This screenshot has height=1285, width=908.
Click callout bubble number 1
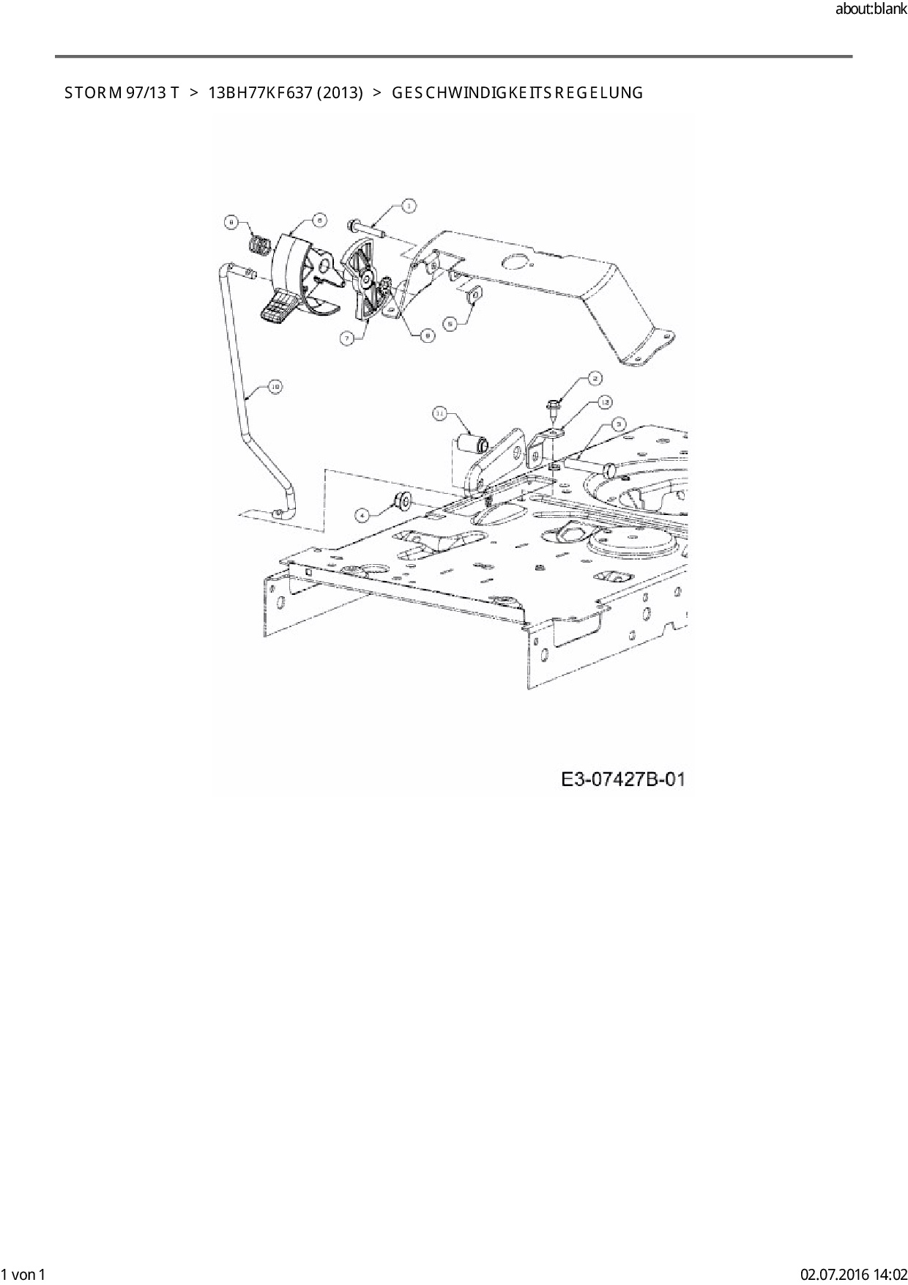click(x=408, y=206)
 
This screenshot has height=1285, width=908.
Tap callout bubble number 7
click(x=346, y=338)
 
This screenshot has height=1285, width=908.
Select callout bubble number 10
click(x=275, y=386)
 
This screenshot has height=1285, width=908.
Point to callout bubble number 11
click(x=439, y=415)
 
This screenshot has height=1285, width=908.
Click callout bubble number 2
click(x=595, y=378)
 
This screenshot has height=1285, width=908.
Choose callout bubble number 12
click(x=605, y=401)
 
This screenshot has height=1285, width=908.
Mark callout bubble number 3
click(x=619, y=423)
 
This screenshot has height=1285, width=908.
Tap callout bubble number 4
click(x=360, y=515)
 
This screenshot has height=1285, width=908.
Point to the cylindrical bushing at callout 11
click(x=471, y=444)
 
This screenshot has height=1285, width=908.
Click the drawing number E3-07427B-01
click(x=623, y=779)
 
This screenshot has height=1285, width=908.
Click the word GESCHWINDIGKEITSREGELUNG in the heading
click(x=518, y=93)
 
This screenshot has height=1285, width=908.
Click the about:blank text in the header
click(x=871, y=10)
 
